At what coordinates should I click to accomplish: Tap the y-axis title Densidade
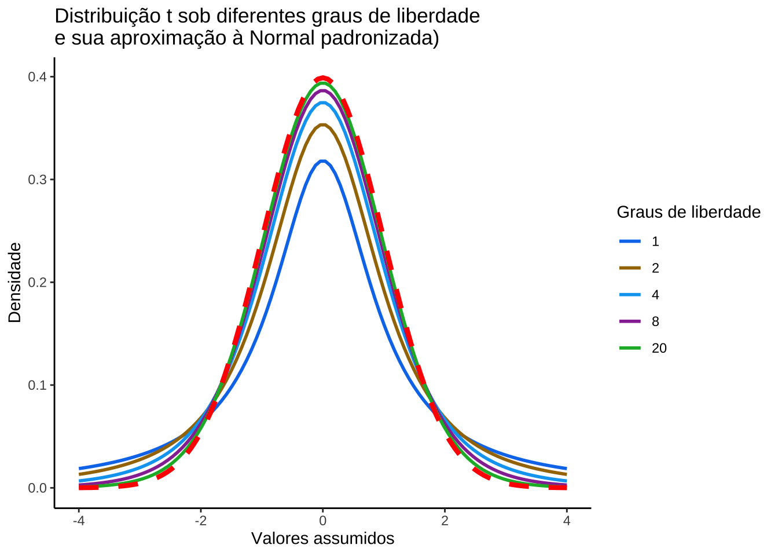[15, 283]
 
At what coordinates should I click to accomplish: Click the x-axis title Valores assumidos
[322, 539]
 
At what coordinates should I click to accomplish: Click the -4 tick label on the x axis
[79, 521]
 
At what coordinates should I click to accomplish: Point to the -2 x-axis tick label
[200, 521]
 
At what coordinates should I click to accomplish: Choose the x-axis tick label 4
[567, 521]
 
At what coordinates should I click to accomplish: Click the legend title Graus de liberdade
[688, 213]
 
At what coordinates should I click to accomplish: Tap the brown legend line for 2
[630, 268]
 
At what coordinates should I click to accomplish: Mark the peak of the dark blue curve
[323, 161]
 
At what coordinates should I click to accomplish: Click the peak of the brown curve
[323, 125]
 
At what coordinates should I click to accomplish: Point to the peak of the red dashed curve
[323, 78]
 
